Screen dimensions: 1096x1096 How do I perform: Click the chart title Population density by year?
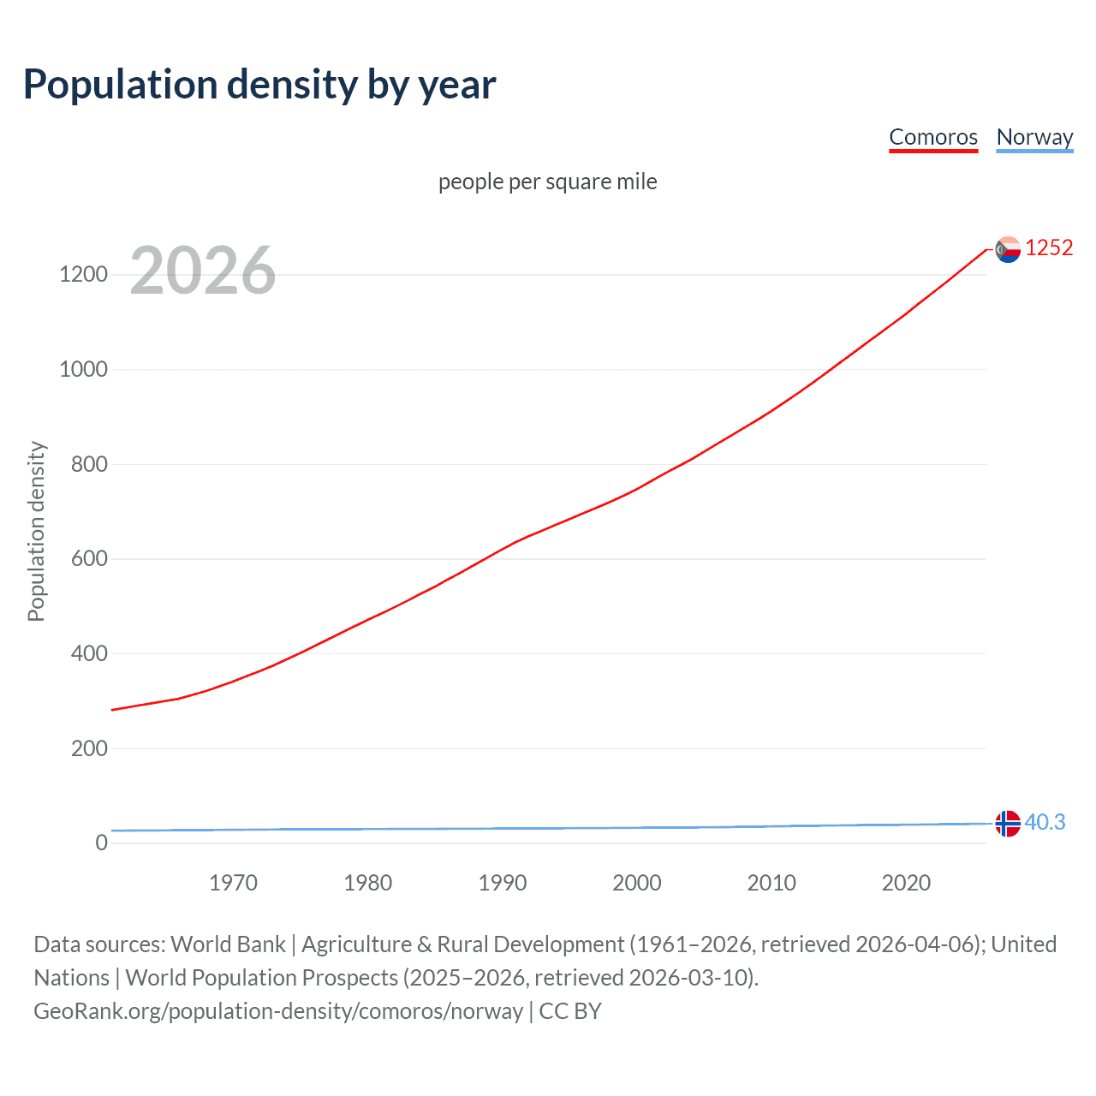pos(259,85)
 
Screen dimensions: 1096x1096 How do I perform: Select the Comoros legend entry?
pos(932,137)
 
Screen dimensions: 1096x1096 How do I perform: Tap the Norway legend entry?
pos(1034,137)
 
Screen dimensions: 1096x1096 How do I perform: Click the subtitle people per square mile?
pos(548,182)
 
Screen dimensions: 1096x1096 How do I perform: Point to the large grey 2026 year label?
pos(203,271)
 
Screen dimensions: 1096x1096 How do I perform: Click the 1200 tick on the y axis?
pos(84,275)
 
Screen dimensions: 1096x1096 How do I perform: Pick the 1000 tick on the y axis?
pos(84,370)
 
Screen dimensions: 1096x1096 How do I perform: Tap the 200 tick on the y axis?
pos(89,748)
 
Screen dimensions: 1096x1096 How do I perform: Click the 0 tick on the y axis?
pos(102,843)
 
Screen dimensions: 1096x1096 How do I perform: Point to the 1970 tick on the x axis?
pos(233,883)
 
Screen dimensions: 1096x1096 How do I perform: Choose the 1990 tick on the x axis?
pos(503,883)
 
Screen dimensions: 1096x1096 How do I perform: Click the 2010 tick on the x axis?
pos(771,883)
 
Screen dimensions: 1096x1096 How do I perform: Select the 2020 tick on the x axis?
pos(906,883)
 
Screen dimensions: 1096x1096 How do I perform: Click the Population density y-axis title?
pos(36,531)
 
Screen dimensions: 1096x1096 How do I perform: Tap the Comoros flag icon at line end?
pos(1009,249)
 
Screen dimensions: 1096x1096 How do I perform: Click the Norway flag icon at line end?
pos(1009,824)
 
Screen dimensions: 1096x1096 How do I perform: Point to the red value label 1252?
pos(1049,247)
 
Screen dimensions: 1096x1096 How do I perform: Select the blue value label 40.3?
pos(1045,822)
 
